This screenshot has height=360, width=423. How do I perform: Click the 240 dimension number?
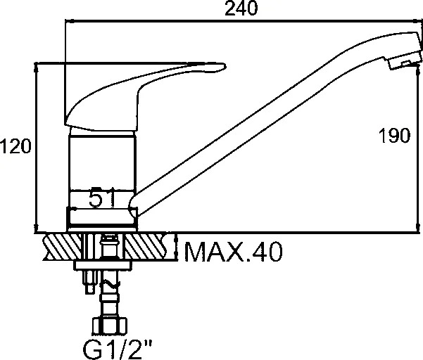[x=241, y=8]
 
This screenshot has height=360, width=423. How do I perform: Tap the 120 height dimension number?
[x=15, y=146]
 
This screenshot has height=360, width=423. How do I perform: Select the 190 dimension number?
[x=394, y=135]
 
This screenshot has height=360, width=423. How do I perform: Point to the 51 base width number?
[x=102, y=198]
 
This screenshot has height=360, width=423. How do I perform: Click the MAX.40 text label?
[x=234, y=252]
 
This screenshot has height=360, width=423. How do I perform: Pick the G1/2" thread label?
[x=118, y=349]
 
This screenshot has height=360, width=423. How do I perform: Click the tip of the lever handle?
[x=223, y=67]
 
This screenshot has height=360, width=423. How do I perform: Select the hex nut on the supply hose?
[x=109, y=326]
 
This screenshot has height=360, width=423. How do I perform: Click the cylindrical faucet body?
[x=102, y=162]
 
